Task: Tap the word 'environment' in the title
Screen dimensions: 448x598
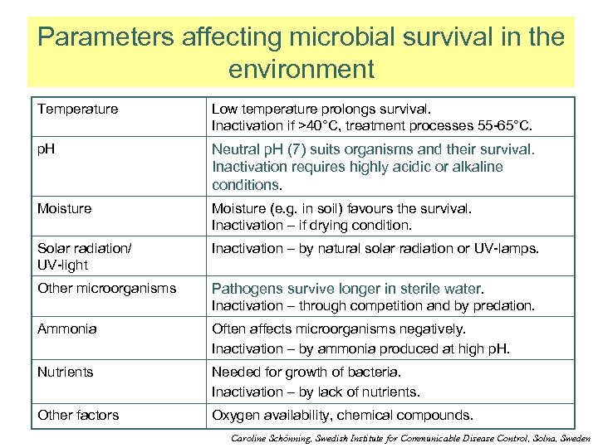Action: pos(301,68)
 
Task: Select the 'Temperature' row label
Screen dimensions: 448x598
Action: pos(77,109)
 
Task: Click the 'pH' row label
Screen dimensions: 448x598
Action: pos(46,149)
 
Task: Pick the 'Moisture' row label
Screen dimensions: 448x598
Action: pos(64,208)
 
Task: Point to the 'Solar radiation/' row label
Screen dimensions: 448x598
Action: pos(84,248)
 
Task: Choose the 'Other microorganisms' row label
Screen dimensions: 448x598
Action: pos(106,288)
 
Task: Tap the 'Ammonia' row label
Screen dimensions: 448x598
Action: pos(66,329)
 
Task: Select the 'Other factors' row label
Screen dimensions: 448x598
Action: pos(77,415)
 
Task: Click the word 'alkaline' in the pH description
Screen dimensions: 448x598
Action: pos(477,167)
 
